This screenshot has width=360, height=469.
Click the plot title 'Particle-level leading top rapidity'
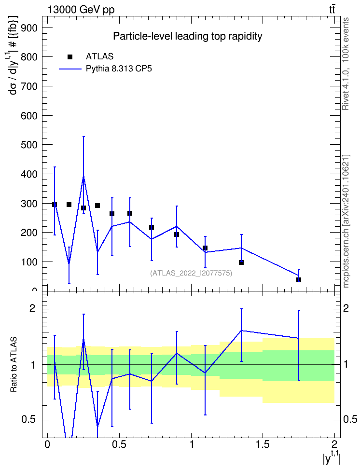[188, 36]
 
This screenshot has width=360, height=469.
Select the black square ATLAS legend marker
[70, 57]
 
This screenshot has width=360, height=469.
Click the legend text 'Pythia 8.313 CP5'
[119, 69]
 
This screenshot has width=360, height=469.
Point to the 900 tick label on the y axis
[29, 28]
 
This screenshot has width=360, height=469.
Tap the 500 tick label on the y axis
[29, 145]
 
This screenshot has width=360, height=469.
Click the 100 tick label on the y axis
[29, 262]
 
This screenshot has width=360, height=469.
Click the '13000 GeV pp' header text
[81, 10]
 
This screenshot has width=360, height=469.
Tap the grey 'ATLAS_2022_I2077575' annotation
[191, 273]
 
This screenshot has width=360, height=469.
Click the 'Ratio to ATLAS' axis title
[14, 364]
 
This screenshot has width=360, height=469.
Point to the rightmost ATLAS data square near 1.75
[299, 280]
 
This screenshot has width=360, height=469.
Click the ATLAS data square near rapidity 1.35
[241, 262]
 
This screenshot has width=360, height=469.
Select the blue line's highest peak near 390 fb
[83, 177]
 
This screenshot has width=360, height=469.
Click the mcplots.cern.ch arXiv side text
[346, 221]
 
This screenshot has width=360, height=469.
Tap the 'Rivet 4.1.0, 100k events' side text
[346, 64]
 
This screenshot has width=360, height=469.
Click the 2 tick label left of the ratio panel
[32, 308]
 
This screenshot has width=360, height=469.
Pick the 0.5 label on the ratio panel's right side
[350, 419]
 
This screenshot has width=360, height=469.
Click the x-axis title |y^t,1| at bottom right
[332, 458]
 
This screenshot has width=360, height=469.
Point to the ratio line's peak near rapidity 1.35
[241, 331]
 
